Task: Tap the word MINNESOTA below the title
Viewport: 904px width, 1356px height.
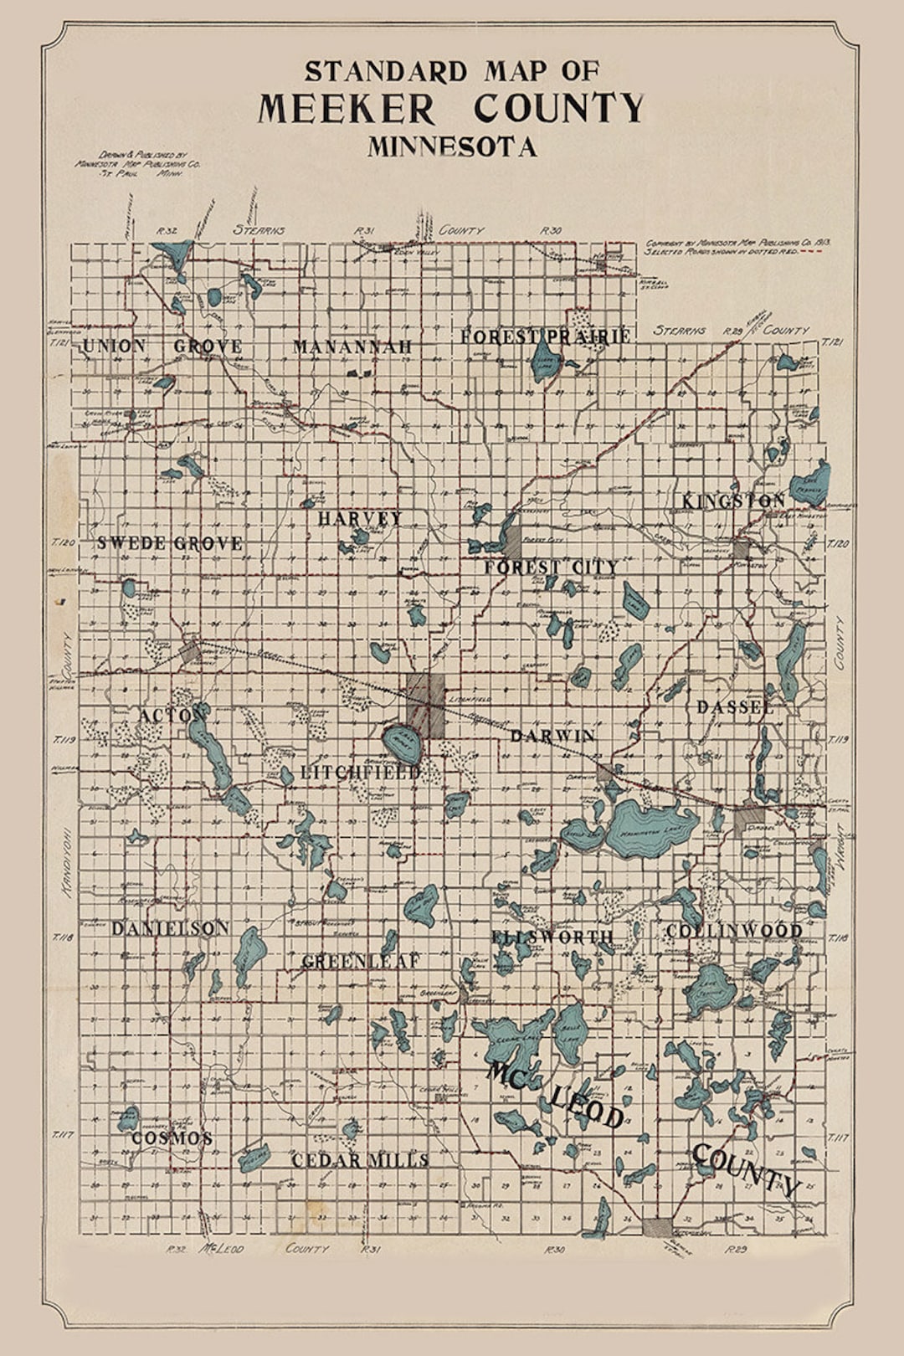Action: (x=452, y=147)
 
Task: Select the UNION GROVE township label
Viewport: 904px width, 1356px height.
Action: (x=162, y=347)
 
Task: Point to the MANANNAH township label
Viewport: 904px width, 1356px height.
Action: (x=353, y=347)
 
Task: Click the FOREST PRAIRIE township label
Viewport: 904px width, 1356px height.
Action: (x=545, y=336)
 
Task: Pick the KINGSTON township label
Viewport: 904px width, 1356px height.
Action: (x=733, y=501)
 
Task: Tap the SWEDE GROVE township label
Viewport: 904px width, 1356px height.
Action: (x=170, y=543)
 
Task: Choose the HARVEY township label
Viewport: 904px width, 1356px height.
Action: (x=360, y=519)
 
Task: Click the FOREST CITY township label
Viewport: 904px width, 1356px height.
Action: (x=551, y=568)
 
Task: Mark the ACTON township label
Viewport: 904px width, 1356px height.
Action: (x=172, y=716)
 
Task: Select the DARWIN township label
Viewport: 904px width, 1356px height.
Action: (x=552, y=736)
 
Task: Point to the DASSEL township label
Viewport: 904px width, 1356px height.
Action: (x=735, y=707)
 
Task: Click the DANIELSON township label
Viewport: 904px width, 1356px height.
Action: (x=170, y=928)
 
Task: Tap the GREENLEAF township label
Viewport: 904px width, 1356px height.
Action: (x=360, y=962)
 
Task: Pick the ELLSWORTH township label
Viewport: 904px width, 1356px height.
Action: (x=552, y=937)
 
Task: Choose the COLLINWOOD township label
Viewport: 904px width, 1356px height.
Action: (x=734, y=931)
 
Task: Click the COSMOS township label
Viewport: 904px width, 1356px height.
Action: (x=172, y=1138)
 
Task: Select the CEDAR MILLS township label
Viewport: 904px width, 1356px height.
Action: (x=360, y=1160)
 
